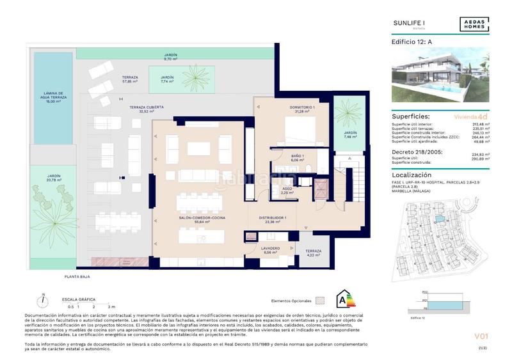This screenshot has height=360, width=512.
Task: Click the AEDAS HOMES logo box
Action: tap(474, 24)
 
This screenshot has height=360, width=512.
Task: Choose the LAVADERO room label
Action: tap(270, 249)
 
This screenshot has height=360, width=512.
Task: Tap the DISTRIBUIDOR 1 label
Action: tap(272, 219)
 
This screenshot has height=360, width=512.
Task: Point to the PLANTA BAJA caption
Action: tap(77, 276)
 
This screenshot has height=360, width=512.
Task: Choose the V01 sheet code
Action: tap(481, 336)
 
